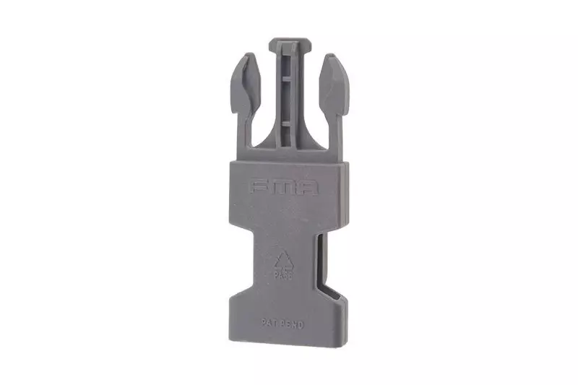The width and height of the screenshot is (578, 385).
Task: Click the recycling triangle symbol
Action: pyautogui.click(x=282, y=261)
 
